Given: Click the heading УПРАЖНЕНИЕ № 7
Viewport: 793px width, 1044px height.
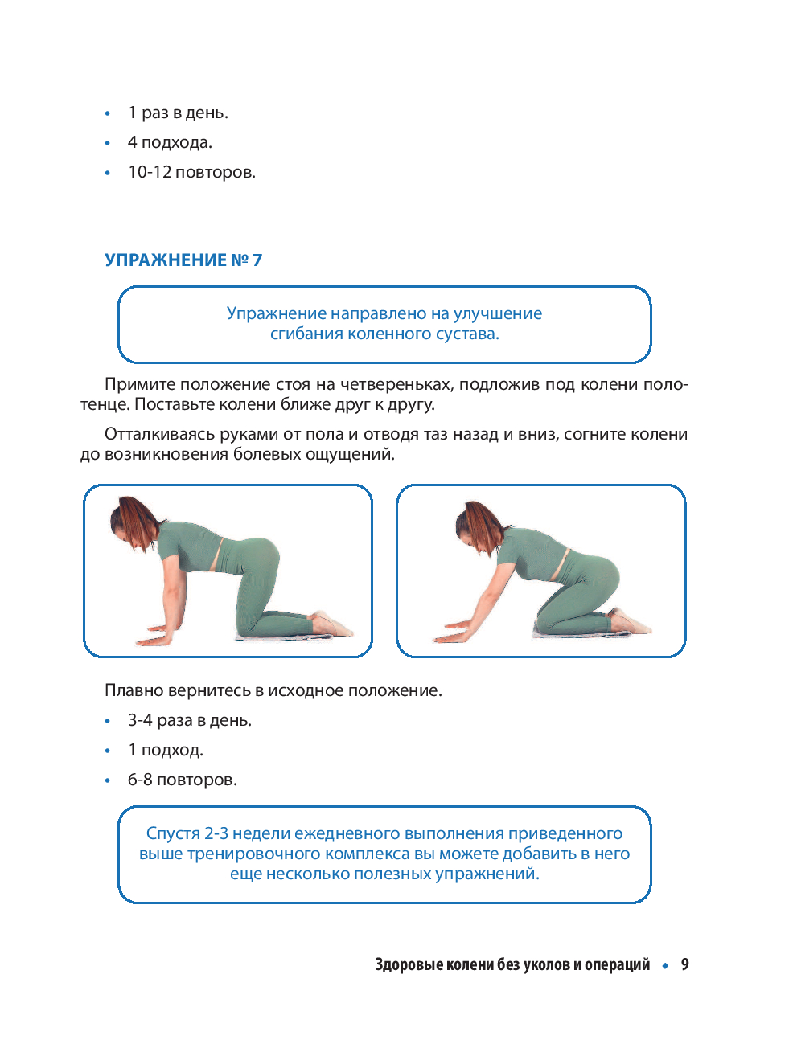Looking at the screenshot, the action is (183, 260).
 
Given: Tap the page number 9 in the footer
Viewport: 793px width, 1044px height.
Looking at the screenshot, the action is (684, 964).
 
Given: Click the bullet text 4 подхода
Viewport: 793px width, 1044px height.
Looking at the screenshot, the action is (170, 142).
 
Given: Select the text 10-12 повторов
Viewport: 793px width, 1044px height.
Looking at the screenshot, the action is (192, 172).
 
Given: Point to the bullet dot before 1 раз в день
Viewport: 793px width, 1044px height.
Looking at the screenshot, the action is (108, 113).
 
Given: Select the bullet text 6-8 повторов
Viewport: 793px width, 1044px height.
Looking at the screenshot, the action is (183, 780).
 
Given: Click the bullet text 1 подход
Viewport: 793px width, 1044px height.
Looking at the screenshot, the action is (166, 750).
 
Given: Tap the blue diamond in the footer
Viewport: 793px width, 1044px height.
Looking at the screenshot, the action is (665, 965).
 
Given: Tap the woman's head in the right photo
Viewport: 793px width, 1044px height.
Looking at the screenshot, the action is (478, 526).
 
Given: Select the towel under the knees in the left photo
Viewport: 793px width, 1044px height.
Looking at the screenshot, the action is (286, 637).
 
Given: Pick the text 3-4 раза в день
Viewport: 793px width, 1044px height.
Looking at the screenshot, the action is (190, 721).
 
